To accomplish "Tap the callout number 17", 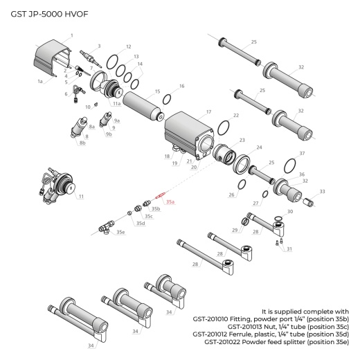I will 208,111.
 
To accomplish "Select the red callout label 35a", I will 170,201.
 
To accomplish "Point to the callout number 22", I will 236,116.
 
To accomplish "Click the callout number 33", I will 322,191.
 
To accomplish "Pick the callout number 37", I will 302,153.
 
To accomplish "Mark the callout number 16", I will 181,87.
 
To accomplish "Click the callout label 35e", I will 120,232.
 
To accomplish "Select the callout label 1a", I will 40,81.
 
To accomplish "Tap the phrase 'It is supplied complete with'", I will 306,311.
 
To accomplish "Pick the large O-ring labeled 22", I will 224,129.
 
